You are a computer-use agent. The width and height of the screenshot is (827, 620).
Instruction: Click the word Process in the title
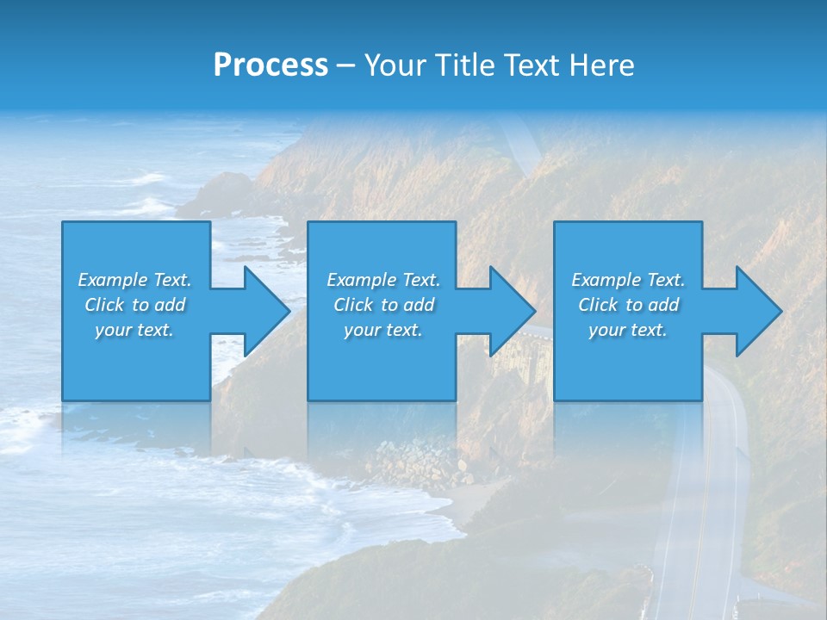(270, 65)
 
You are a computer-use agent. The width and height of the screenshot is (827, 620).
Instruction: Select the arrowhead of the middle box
(509, 311)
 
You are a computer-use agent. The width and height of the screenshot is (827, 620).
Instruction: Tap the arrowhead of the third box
(755, 311)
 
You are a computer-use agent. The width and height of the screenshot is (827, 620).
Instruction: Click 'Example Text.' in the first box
(134, 280)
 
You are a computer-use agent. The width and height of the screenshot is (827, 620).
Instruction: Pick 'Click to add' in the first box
(134, 305)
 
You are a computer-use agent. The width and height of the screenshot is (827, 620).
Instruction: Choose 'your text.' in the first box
(134, 330)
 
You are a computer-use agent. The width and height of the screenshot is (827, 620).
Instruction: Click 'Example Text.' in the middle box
(382, 280)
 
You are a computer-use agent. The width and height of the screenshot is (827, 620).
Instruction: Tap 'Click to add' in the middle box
(382, 305)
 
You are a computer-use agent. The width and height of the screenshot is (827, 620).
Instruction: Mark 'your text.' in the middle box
(382, 330)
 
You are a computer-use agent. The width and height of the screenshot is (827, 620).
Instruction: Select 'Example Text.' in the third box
(627, 280)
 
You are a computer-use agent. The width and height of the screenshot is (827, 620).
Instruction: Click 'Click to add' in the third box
(627, 305)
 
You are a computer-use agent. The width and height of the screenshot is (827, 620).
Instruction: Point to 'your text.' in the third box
(627, 330)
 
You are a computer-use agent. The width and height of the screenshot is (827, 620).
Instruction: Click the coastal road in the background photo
(698, 517)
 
